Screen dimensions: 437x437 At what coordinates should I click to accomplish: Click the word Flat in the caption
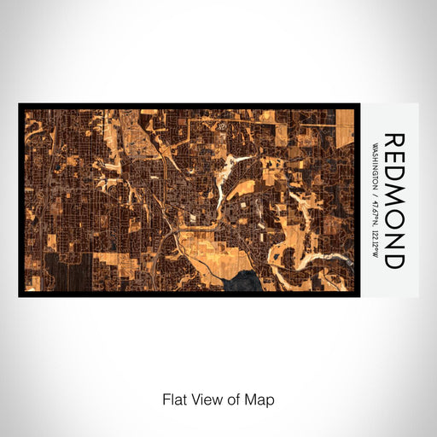(x=173, y=399)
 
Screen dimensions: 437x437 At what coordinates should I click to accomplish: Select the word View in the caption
(x=205, y=399)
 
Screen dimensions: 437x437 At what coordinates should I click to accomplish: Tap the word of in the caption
(x=231, y=399)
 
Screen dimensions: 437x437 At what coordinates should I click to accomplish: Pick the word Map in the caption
(x=259, y=399)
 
